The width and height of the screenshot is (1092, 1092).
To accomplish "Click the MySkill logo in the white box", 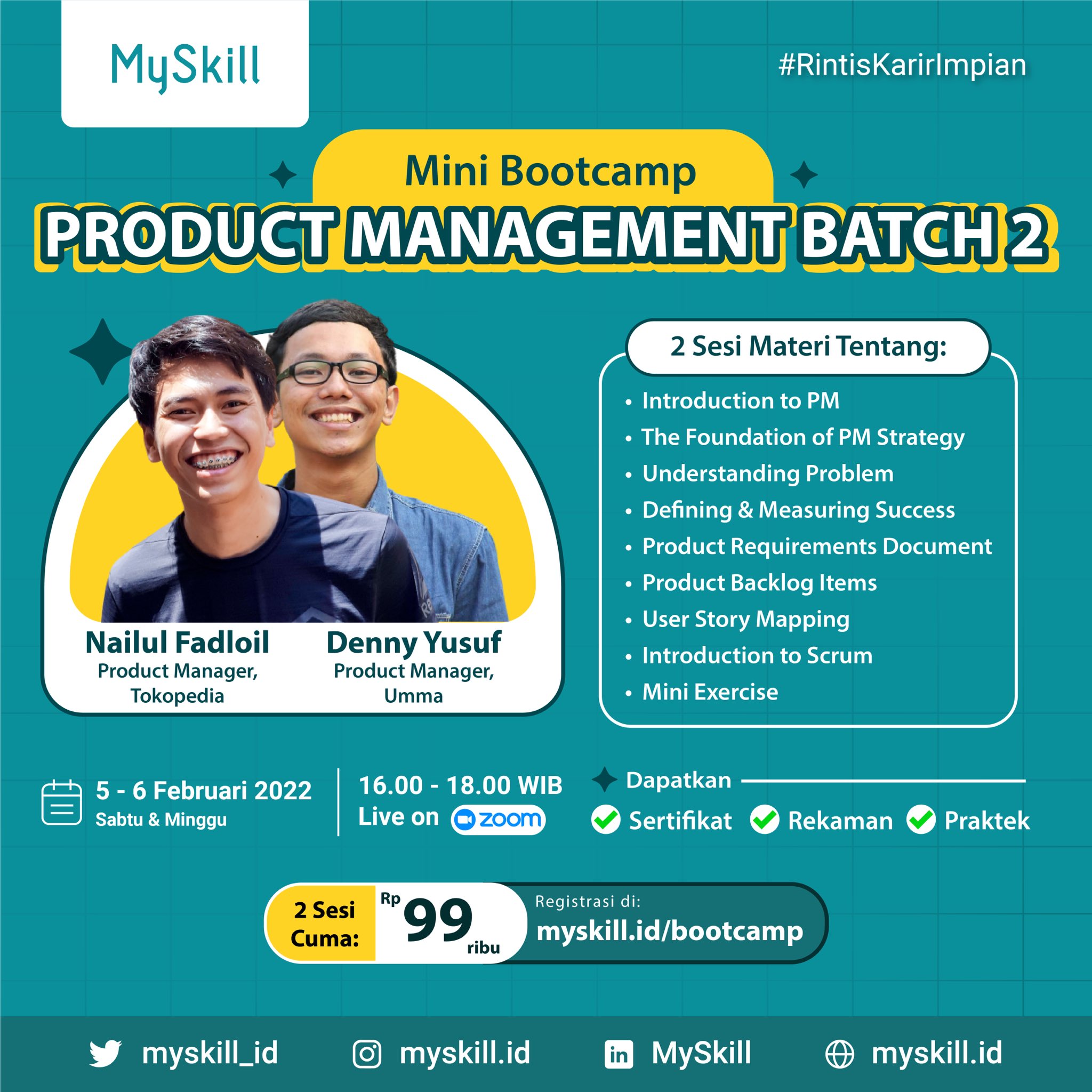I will [x=185, y=67].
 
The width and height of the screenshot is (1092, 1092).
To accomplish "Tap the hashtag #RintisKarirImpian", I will [x=902, y=65].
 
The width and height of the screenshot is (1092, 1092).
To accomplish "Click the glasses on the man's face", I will [x=332, y=373].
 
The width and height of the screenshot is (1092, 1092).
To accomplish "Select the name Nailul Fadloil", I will [x=177, y=643].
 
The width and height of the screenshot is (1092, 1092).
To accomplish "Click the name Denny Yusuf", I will [x=413, y=643].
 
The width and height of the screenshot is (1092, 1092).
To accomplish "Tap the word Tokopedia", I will [x=177, y=696].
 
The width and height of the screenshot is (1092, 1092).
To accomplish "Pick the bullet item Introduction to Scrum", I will [x=757, y=656].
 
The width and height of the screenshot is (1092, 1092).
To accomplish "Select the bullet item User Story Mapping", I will [x=745, y=619].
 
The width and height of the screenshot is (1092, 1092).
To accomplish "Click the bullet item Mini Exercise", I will [x=710, y=692].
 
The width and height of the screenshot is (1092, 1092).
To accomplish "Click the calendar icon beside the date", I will [x=62, y=802].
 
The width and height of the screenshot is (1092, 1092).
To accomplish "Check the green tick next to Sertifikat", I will [x=605, y=820].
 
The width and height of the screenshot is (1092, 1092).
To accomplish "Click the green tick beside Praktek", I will [x=921, y=820].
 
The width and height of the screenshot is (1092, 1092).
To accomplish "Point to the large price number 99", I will [x=438, y=921].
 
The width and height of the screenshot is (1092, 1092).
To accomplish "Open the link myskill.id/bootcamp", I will [x=669, y=931].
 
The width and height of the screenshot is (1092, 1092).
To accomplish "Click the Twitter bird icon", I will [x=105, y=1054].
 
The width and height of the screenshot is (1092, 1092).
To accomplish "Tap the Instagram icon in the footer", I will [x=367, y=1054].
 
